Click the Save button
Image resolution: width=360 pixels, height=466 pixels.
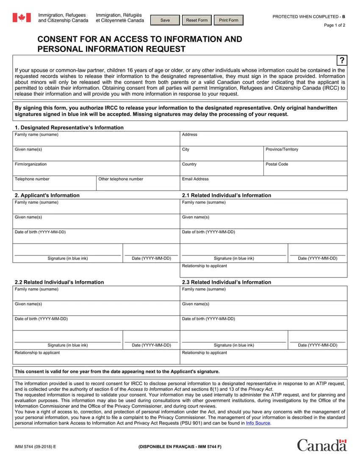coord(165,20)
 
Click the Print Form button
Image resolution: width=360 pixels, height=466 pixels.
coord(228,20)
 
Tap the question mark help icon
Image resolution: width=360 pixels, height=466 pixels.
coord(342,60)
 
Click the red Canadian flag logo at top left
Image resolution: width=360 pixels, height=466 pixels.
coord(21,17)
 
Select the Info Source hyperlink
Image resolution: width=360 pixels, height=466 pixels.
coord(258,423)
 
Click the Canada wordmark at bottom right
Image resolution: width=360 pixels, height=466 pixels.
coord(321,445)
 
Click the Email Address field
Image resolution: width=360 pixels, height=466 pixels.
coord(263,185)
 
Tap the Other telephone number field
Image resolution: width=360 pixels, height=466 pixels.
coord(138,185)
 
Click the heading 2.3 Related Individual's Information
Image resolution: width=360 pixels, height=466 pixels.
coord(226,282)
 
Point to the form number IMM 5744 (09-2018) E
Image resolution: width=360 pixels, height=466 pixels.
coord(35,447)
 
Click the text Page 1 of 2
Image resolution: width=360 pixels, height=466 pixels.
coord(335,25)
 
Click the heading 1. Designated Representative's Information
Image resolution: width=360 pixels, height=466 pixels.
coord(69,128)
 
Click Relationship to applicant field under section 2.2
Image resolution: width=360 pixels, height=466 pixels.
coord(96,358)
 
